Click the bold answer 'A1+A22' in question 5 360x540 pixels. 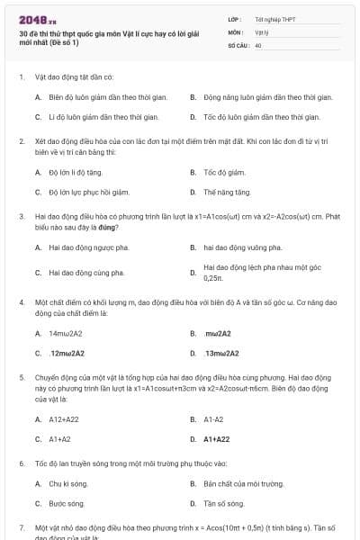click(x=217, y=439)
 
